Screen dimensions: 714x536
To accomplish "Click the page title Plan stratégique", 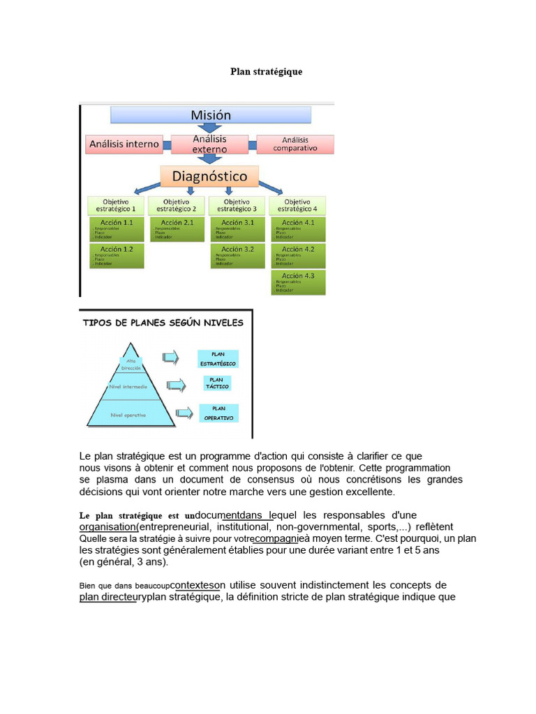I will [267, 72].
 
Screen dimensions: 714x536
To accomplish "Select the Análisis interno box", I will [124, 144].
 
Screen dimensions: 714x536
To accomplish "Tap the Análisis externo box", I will [209, 144].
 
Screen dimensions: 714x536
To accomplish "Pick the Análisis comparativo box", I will [295, 144].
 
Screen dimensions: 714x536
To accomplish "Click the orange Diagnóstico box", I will [209, 176].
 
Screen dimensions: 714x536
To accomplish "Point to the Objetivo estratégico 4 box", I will [297, 205].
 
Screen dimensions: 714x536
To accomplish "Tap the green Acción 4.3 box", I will [297, 282].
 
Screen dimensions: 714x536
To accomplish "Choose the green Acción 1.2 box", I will [116, 256].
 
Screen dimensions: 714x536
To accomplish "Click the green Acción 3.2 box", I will [237, 256].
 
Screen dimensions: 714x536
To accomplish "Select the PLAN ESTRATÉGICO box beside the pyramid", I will [218, 359].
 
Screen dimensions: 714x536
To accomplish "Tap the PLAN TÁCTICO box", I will [216, 383].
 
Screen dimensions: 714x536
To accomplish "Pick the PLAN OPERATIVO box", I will [218, 413].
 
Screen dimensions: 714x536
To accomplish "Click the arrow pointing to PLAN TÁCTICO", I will [177, 384].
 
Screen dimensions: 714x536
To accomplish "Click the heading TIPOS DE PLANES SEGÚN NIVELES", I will [163, 323].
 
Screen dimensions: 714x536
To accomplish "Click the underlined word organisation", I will [107, 527].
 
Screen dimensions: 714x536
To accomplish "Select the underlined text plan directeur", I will [107, 598].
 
